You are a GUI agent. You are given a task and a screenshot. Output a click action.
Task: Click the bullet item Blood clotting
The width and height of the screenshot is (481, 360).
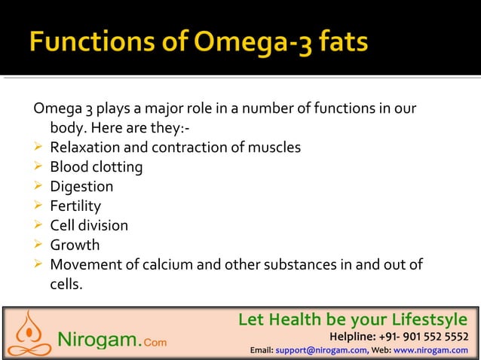[x=96, y=167]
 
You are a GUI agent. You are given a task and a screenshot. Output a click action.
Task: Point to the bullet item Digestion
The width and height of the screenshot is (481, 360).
[x=81, y=187]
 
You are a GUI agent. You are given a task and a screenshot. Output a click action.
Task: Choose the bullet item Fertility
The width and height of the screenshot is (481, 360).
[x=75, y=206]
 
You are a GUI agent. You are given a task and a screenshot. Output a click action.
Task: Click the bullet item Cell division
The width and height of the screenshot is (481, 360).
[x=89, y=226]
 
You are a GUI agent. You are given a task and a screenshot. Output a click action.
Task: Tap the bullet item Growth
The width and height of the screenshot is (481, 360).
[x=75, y=246]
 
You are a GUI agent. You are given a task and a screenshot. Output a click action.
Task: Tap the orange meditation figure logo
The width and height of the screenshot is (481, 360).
[x=28, y=333]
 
